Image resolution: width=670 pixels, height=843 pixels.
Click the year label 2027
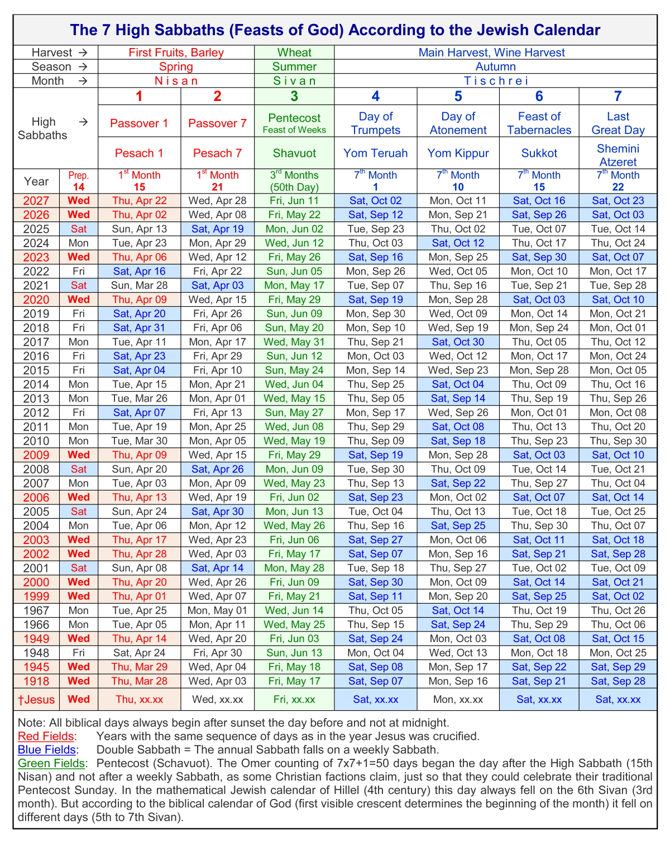(x=36, y=201)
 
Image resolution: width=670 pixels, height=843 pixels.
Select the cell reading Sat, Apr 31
(x=139, y=328)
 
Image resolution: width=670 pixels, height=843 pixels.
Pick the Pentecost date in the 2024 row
(x=294, y=243)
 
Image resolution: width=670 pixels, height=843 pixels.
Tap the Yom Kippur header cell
(x=458, y=153)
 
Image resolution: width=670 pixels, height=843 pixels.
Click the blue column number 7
(x=618, y=97)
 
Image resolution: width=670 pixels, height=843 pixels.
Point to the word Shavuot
(x=294, y=153)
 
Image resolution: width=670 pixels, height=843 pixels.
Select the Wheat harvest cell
(x=294, y=53)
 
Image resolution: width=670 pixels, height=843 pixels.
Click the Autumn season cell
(x=495, y=67)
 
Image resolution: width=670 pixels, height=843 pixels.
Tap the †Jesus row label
(x=36, y=700)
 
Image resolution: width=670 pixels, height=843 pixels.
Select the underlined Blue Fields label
(x=47, y=750)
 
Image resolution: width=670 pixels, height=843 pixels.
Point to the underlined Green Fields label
(x=52, y=763)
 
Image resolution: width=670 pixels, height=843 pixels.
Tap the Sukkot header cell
(x=539, y=153)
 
